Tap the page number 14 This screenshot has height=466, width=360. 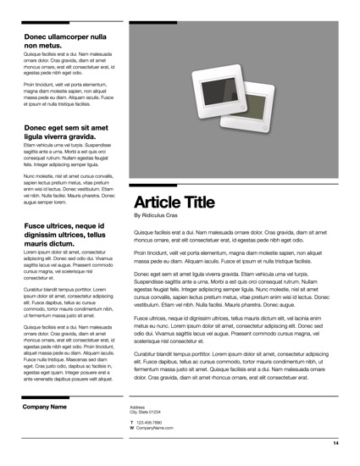[335, 443]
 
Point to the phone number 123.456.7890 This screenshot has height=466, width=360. [149, 422]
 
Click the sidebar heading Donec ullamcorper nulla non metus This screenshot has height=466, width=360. [65, 42]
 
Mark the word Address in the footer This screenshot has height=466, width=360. [137, 406]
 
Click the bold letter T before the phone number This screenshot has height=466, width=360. [131, 422]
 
